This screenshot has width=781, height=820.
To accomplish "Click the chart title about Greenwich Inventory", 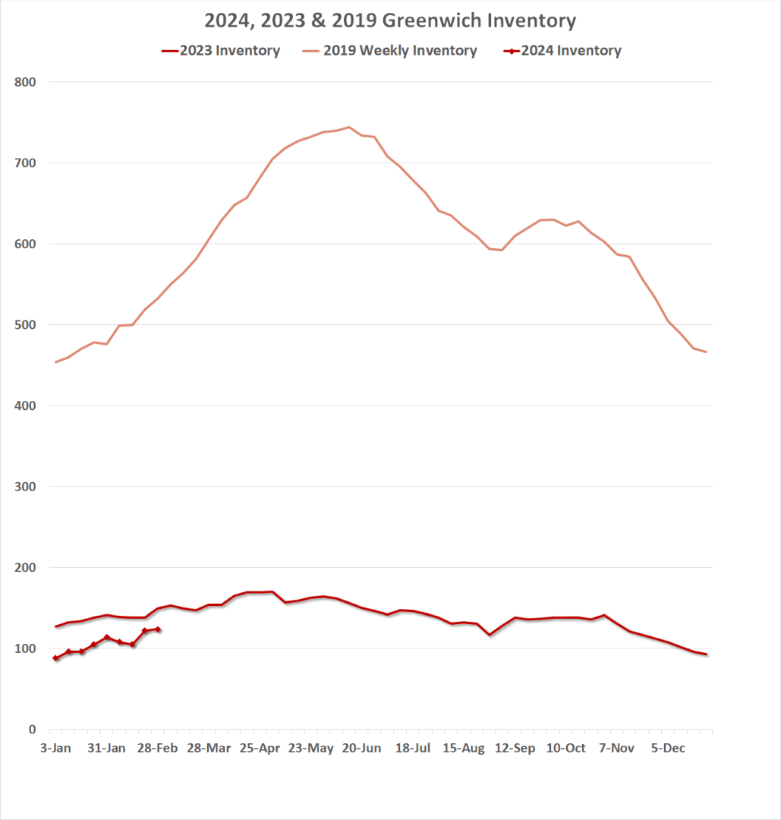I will [390, 20].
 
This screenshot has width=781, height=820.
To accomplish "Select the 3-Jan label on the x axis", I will [55, 749].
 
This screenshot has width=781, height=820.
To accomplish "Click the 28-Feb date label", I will [157, 749].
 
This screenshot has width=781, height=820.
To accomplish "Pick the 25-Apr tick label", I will [260, 749].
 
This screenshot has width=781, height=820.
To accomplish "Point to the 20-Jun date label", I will [361, 749].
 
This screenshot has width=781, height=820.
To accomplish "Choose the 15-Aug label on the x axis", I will [464, 749].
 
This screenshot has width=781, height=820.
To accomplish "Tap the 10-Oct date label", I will [565, 749].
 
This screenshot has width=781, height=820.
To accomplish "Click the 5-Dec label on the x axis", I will [668, 749].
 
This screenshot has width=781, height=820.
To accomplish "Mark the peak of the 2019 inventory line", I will [348, 127].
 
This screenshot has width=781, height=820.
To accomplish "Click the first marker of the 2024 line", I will [55, 658].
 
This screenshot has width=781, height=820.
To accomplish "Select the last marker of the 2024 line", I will [158, 629].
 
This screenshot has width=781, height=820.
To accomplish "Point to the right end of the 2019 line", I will [706, 352].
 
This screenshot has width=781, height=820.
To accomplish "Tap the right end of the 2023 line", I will [706, 654].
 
